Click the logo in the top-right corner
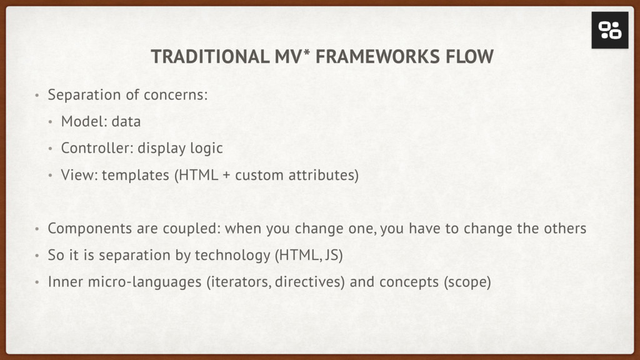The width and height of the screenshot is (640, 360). coord(610,30)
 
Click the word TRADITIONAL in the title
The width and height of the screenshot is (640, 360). coord(210,57)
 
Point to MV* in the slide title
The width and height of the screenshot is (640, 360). coord(292,56)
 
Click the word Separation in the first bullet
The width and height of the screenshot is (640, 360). coord(84,95)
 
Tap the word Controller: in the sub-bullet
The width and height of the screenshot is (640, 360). coord(97,148)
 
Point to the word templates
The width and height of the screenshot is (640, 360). coord(136,176)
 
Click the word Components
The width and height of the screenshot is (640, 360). coord(90,229)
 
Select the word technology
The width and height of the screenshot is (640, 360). coord(232,256)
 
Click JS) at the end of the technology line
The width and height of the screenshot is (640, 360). coord(334,256)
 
